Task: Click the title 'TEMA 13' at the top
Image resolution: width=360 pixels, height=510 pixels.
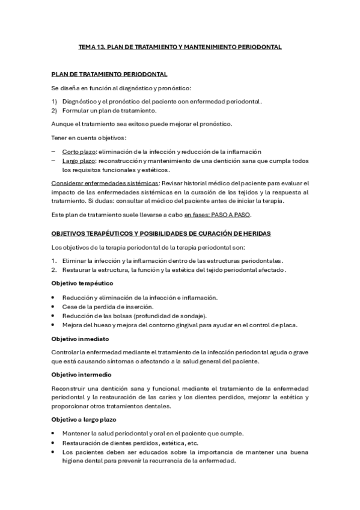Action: (x=93, y=46)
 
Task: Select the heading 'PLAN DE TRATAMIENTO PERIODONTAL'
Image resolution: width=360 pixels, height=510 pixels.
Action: (x=109, y=74)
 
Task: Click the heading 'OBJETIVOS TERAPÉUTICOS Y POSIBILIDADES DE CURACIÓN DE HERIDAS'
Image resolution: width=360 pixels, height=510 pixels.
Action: (x=162, y=233)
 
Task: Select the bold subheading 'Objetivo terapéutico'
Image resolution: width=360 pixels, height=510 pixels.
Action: (x=82, y=283)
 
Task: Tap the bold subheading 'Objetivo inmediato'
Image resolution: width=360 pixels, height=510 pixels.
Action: (x=80, y=339)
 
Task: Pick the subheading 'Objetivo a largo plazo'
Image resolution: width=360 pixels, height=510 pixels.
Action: (x=84, y=419)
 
